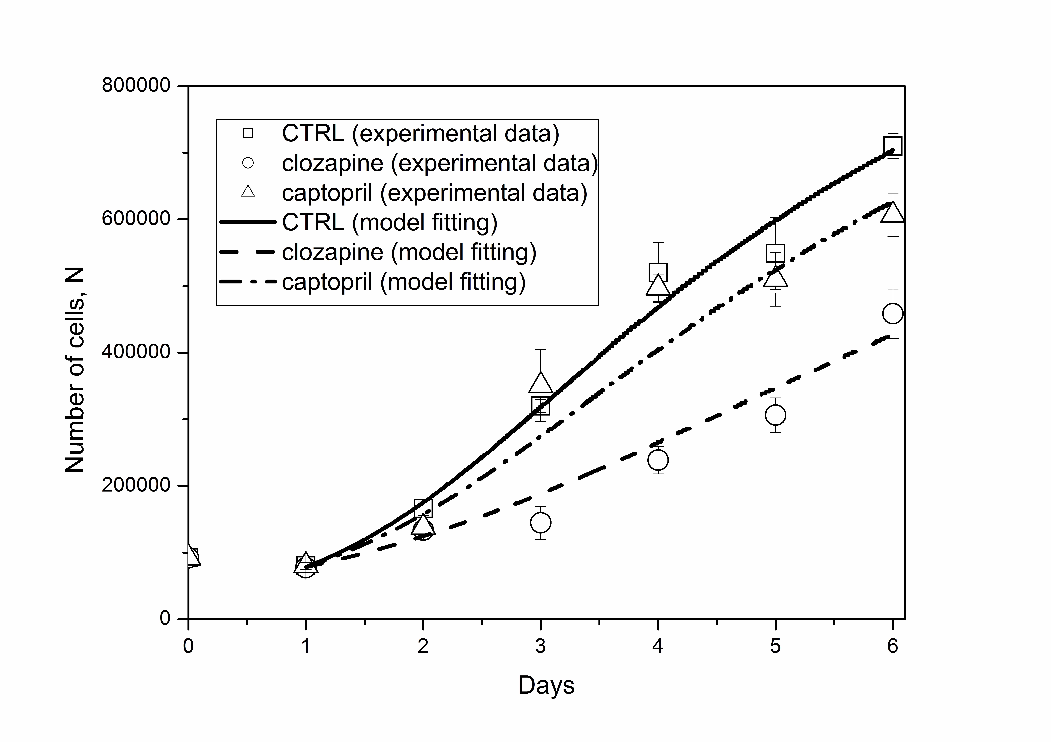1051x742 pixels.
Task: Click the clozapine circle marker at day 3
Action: (541, 522)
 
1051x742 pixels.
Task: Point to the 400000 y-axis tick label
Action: (136, 352)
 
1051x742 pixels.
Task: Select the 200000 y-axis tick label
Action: (136, 485)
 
